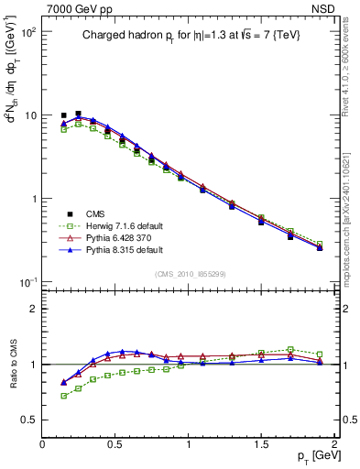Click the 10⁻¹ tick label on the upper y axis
point(27,282)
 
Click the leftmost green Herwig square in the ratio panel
point(63,396)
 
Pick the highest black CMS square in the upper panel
point(78,114)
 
